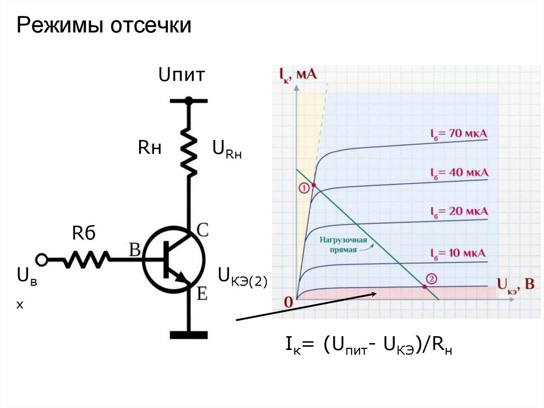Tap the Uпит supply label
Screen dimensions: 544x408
181,75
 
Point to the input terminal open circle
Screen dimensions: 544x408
41,260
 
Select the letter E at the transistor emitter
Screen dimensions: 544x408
202,293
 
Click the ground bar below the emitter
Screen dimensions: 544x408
189,335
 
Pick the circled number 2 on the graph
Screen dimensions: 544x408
431,278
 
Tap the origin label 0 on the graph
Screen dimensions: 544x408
289,302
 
